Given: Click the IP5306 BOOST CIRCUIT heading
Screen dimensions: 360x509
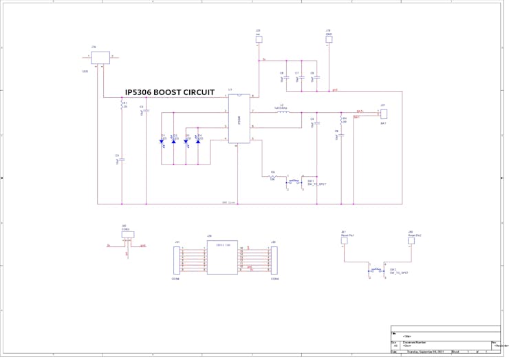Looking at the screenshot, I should [x=169, y=92].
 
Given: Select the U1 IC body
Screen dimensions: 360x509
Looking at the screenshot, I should [x=239, y=118].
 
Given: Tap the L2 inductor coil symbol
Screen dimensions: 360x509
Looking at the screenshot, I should [x=282, y=111].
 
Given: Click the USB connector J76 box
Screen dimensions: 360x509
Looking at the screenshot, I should [x=100, y=57].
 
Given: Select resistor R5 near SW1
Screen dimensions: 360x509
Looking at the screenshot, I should [x=272, y=177].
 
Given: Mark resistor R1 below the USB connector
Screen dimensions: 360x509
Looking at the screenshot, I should [x=122, y=105].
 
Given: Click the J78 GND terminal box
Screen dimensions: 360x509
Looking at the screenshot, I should [x=329, y=39].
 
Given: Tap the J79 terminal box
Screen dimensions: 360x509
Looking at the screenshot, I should [x=259, y=39].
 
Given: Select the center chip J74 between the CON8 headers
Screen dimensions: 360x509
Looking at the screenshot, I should [x=222, y=257].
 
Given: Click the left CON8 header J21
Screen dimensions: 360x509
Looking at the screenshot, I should [x=177, y=260].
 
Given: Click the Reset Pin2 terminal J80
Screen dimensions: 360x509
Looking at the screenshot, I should [x=413, y=242].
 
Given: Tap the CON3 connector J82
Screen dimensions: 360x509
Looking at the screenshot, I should [x=127, y=235].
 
